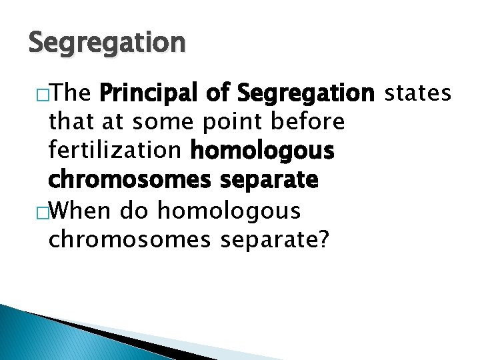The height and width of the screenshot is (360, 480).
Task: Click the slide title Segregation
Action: [107, 43]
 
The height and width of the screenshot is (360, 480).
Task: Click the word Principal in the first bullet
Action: [151, 94]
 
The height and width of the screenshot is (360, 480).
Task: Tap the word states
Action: [419, 94]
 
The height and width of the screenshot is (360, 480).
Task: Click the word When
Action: [81, 211]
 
